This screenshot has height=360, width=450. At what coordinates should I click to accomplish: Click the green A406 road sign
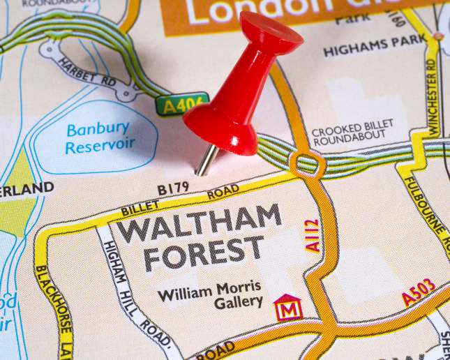point(181,105)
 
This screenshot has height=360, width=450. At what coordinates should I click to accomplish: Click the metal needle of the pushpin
point(206,160)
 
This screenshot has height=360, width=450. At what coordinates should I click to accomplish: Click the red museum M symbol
point(287,308)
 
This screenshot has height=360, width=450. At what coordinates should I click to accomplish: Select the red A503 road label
point(419,293)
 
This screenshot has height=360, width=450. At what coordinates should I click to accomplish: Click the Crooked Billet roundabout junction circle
point(306,165)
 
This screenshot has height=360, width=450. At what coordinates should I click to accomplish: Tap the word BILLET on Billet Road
point(140,207)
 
